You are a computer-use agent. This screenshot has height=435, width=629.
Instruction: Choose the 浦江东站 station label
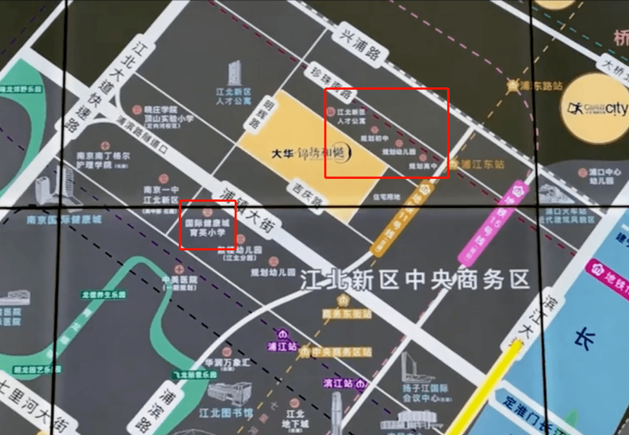pyautogui.click(x=481, y=164)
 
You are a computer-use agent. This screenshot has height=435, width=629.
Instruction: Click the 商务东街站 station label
pyautogui.click(x=347, y=314)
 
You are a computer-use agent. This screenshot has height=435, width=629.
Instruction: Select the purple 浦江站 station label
pyautogui.click(x=282, y=346)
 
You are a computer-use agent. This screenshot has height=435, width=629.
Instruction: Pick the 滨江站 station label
pyautogui.click(x=340, y=383)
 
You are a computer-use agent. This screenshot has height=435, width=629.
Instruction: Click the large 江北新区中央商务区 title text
pyautogui.click(x=415, y=280)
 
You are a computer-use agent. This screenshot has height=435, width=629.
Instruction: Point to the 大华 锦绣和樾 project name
pyautogui.click(x=312, y=154)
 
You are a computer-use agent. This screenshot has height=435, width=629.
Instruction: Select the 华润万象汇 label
pyautogui.click(x=227, y=362)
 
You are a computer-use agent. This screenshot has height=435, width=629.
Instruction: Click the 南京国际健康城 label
pyautogui.click(x=63, y=220)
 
